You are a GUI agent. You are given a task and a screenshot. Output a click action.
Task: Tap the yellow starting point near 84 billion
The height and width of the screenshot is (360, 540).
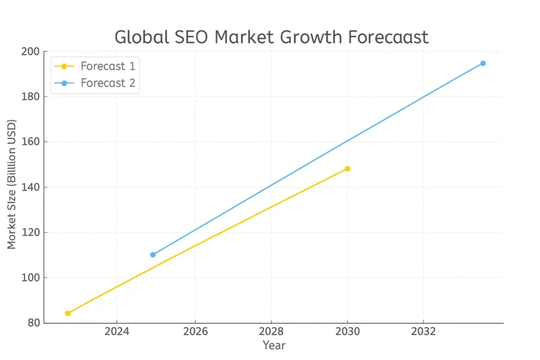coord(67,313)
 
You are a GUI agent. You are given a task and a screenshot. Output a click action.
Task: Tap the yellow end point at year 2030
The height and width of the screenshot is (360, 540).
coord(347,169)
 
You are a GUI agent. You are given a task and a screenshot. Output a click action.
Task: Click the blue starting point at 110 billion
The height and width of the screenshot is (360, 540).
coord(153,255)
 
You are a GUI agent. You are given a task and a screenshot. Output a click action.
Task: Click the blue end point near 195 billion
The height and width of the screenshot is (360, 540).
coord(483,63)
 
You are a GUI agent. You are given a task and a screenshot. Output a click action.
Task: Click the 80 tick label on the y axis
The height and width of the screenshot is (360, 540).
coord(33,323)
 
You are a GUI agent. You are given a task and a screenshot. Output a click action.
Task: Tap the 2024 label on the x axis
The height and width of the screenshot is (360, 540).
coord(116,332)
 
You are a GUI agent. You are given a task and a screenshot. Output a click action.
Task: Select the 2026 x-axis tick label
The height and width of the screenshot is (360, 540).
coord(195,332)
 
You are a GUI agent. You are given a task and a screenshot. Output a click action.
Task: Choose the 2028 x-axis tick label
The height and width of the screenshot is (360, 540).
coord(271,332)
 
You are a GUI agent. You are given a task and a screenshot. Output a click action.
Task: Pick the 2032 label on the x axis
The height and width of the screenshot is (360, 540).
coord(423,332)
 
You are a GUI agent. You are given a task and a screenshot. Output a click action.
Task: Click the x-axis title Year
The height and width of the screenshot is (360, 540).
coord(274,345)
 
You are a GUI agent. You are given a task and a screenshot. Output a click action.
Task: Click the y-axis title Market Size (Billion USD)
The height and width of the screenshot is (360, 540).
coord(12,184)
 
